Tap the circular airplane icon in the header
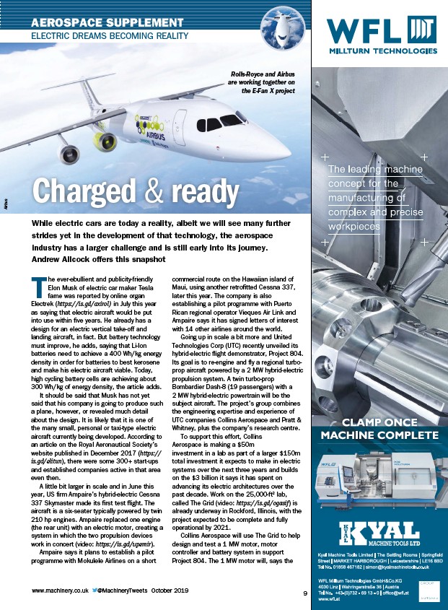pos(280,27)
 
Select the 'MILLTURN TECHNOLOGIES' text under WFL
pos(382,52)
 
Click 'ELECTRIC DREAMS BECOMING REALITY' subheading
pos(109,35)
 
